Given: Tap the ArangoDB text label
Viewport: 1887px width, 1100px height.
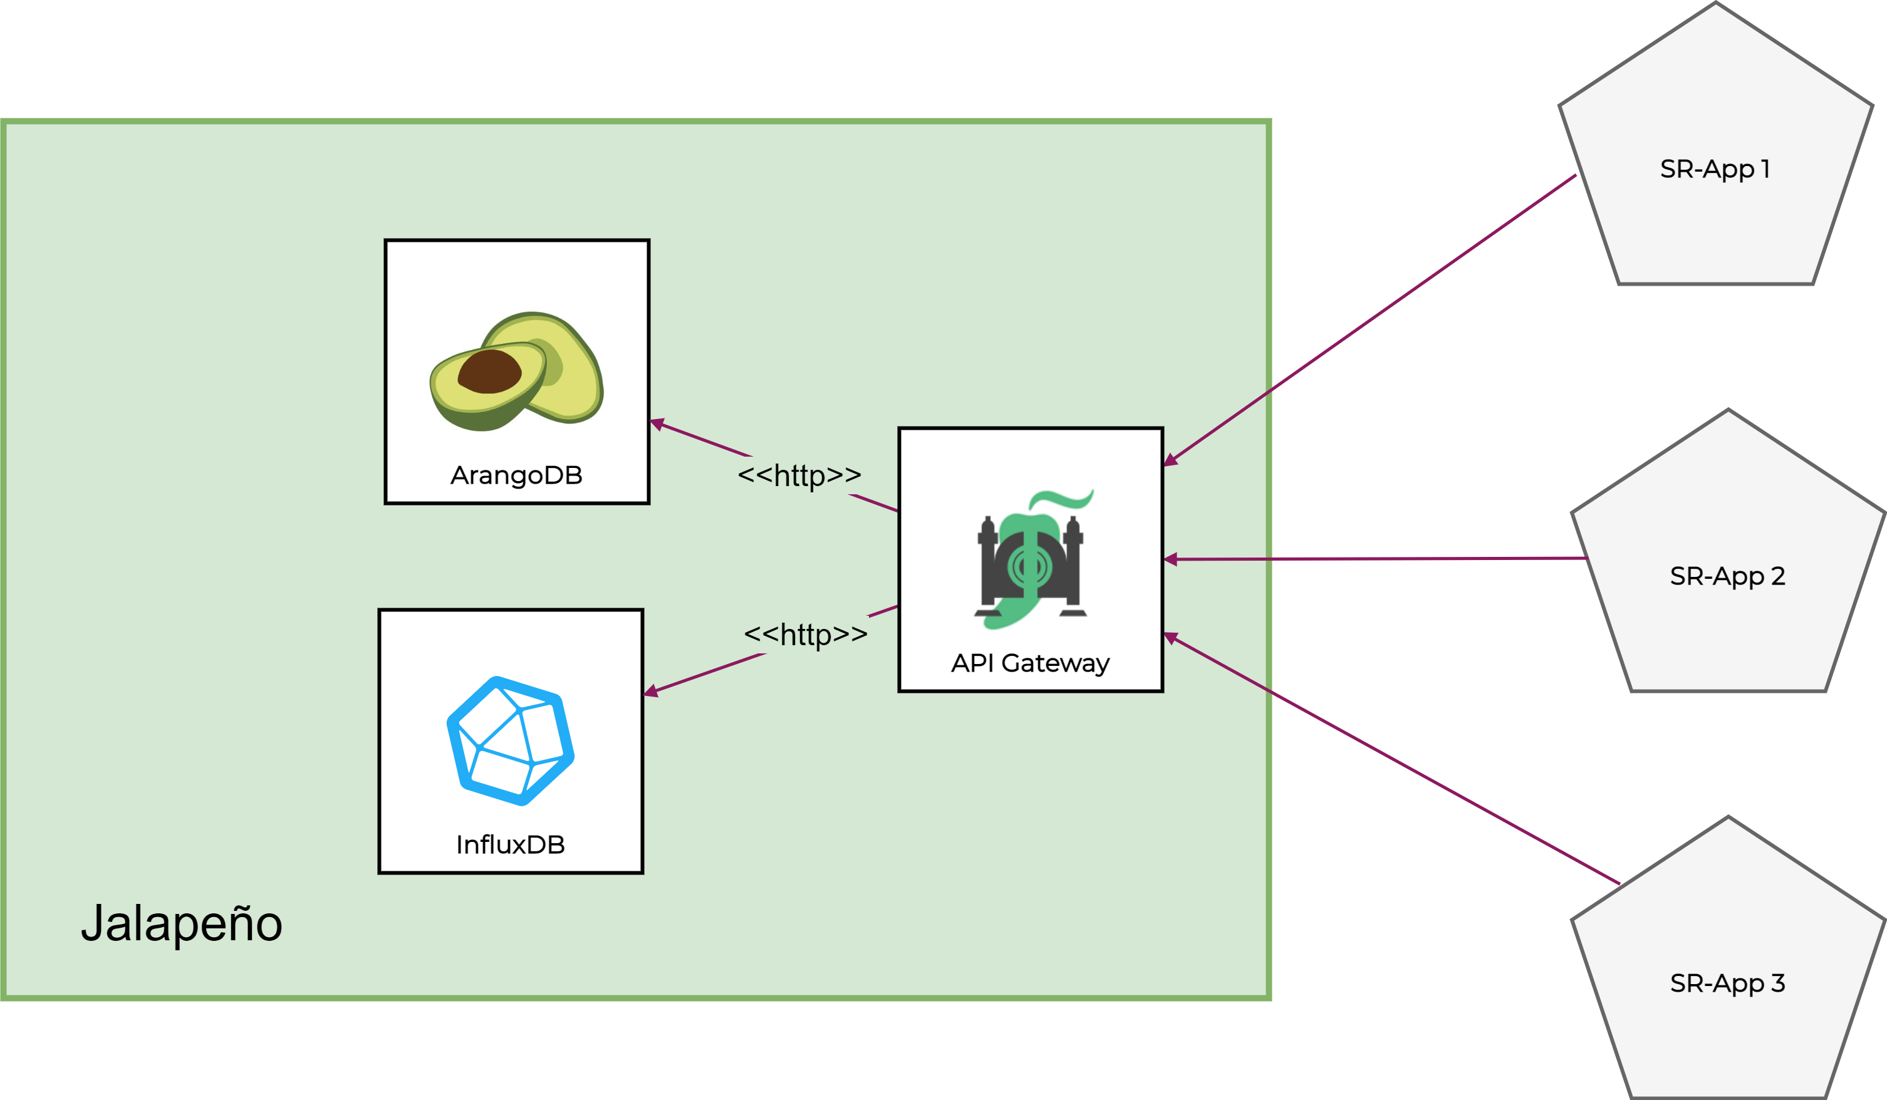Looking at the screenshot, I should click(517, 475).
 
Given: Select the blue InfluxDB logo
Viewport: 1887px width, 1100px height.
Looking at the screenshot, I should click(511, 740).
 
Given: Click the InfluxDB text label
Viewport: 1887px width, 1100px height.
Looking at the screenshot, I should click(511, 844).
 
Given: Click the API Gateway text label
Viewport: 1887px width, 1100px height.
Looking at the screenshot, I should click(1031, 663).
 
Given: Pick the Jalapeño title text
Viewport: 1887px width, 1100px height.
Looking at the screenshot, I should click(182, 923).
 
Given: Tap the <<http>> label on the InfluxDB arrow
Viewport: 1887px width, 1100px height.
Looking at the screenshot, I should click(806, 634).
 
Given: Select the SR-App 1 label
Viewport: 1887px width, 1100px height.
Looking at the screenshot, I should click(1715, 169).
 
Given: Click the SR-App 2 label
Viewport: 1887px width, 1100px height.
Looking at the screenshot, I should click(1727, 576).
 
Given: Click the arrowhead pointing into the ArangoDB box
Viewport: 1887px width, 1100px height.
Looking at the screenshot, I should click(657, 424).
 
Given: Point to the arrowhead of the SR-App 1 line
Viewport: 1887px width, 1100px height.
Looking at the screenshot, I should click(1170, 460).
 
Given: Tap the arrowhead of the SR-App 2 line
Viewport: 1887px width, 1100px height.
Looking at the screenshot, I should click(1170, 559).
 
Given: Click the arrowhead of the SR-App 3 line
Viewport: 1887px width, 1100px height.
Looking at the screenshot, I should click(1170, 637).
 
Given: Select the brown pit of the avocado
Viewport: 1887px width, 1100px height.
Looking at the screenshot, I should click(490, 371).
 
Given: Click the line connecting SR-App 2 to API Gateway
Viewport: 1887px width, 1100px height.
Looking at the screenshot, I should click(1378, 559).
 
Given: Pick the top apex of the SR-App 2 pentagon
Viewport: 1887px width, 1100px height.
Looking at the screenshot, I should click(1728, 410).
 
